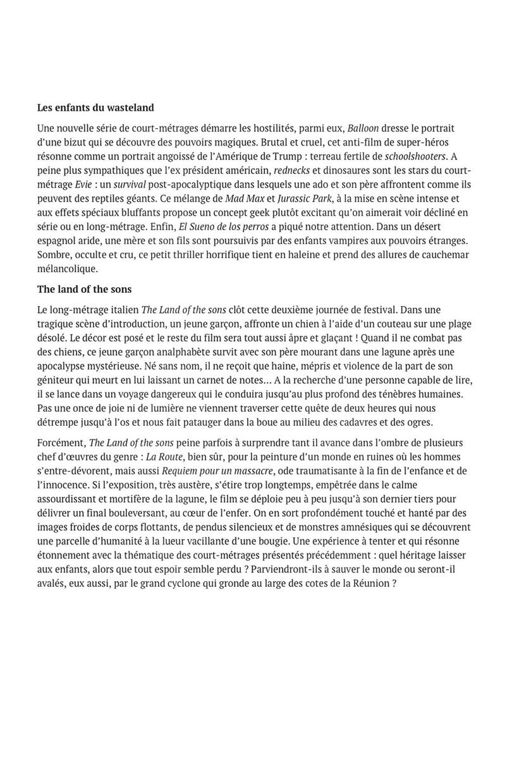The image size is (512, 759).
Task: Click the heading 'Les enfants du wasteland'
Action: point(95,108)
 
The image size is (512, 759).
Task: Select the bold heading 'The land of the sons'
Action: point(84,289)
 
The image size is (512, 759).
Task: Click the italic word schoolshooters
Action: point(415,155)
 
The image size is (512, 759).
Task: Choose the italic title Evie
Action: point(82,183)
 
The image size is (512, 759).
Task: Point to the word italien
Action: point(121,309)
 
